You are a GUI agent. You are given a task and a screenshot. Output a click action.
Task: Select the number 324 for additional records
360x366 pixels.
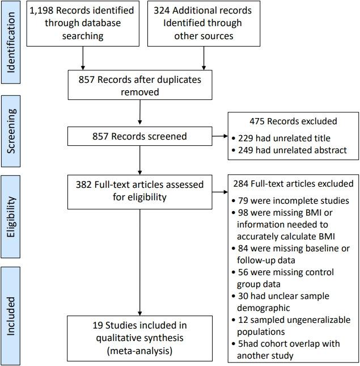pyautogui.click(x=163, y=11)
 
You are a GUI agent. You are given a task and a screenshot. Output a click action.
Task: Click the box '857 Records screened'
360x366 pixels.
pyautogui.click(x=139, y=136)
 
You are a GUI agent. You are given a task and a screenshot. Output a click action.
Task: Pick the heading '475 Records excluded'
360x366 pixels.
pyautogui.click(x=293, y=121)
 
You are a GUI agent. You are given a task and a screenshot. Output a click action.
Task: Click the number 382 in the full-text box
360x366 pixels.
pyautogui.click(x=85, y=184)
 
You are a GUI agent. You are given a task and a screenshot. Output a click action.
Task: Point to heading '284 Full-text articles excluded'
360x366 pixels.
pyautogui.click(x=293, y=184)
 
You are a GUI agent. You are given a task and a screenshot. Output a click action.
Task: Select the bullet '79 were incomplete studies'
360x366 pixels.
pyautogui.click(x=290, y=200)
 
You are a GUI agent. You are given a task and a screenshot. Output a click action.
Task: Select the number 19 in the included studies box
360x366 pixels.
pyautogui.click(x=98, y=326)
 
